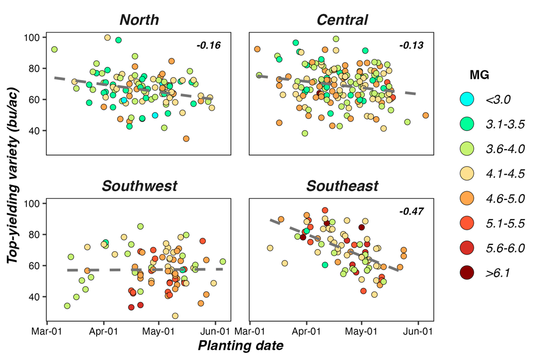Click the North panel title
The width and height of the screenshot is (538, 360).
[139, 20]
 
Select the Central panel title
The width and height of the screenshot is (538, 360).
[342, 20]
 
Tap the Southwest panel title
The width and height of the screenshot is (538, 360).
[139, 186]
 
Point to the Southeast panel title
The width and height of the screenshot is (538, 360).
[342, 186]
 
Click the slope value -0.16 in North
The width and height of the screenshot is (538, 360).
[209, 45]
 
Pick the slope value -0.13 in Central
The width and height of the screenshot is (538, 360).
[412, 45]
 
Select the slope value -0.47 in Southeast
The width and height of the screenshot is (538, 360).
[412, 211]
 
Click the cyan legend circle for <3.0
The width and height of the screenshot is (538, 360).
[466, 99]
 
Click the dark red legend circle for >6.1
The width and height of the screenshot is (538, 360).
[466, 274]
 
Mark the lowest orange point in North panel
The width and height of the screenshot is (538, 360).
[186, 139]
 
